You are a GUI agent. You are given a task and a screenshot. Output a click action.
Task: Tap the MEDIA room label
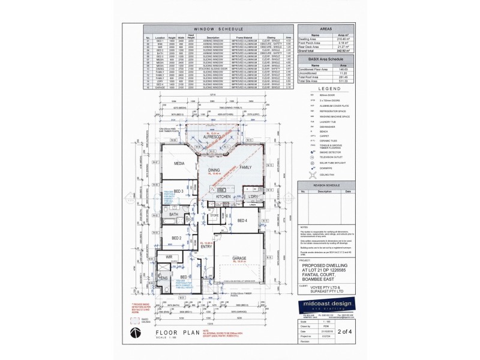(179, 163)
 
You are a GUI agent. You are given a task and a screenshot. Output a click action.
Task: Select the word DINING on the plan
(214, 170)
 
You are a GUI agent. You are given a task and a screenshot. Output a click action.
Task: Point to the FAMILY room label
(247, 167)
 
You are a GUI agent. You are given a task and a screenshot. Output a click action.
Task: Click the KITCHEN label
(223, 196)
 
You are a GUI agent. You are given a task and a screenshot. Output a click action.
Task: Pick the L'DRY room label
(253, 196)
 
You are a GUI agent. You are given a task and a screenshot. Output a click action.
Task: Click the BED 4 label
(242, 221)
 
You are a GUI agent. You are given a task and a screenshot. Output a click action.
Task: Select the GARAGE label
(240, 259)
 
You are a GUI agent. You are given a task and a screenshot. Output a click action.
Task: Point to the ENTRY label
(207, 246)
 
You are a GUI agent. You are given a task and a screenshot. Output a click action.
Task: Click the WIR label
(170, 256)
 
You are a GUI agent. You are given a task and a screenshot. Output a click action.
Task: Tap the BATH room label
(173, 214)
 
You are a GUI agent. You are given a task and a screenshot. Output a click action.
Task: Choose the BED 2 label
(176, 238)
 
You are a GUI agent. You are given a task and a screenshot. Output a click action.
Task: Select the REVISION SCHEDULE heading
(326, 185)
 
